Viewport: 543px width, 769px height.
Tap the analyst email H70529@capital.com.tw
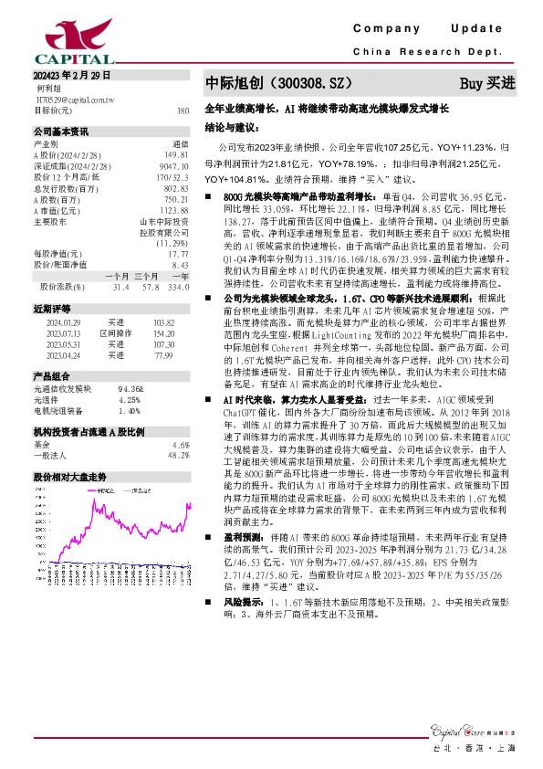(x=73, y=99)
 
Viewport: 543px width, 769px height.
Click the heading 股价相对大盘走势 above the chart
(x=70, y=477)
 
